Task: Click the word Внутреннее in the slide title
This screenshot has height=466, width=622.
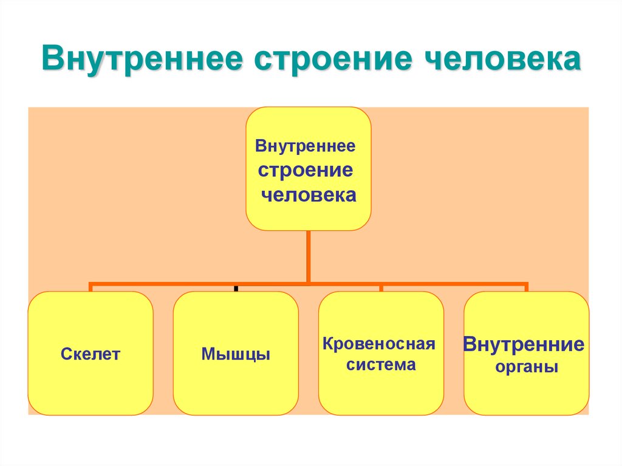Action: pos(141,61)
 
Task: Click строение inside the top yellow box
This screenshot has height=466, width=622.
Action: pos(306,170)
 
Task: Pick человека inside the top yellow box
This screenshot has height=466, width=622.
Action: pos(309,195)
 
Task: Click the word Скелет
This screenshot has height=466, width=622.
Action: pos(91,354)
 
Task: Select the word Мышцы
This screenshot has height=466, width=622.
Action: pos(236,354)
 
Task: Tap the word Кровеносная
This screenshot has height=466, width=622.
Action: pos(379,344)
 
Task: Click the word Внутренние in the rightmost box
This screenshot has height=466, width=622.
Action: pos(524,345)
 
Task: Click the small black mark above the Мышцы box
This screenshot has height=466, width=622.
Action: pos(235,288)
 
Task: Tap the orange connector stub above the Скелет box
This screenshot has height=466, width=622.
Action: pos(91,287)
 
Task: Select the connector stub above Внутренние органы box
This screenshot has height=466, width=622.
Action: pos(525,287)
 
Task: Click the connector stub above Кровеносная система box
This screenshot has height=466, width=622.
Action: pos(381,287)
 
